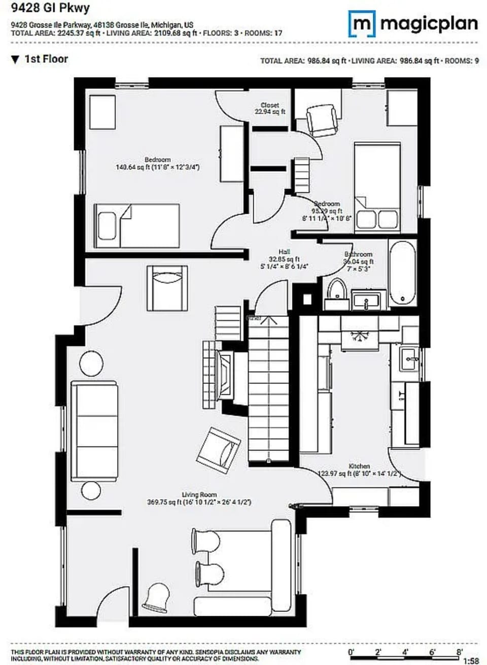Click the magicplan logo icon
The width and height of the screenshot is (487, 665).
362,24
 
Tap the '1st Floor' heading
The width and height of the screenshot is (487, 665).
46,59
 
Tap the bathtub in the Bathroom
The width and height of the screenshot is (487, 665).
402,273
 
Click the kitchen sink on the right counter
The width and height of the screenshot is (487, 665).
409,359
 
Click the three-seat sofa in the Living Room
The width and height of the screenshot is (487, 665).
94,430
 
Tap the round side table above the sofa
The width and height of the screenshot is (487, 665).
91,363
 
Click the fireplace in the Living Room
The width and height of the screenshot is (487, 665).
223,375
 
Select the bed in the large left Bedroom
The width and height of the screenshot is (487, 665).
137,226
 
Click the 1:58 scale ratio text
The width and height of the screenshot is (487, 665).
471,661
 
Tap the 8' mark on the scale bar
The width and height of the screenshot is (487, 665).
459,652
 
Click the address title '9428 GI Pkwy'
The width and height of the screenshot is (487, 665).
44,9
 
